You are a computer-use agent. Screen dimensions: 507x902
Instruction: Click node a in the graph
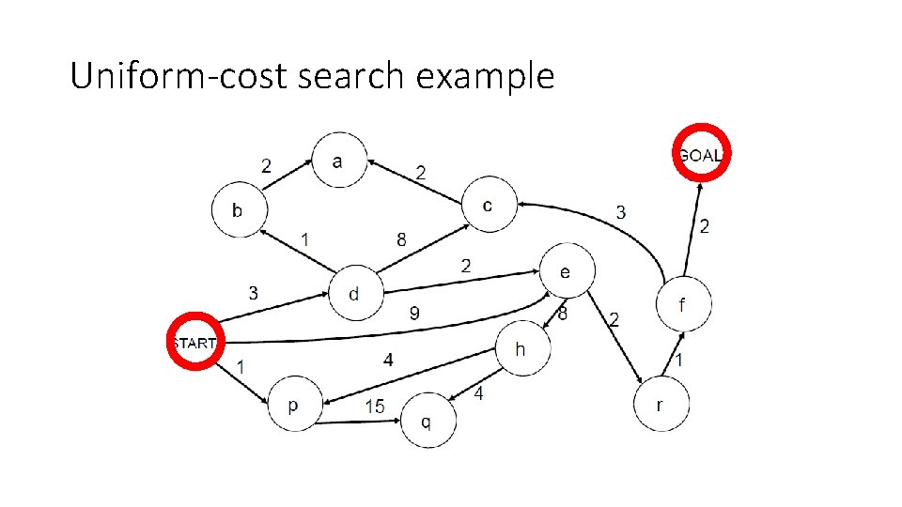pyautogui.click(x=338, y=161)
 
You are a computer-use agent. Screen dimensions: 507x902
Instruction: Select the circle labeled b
pyautogui.click(x=238, y=209)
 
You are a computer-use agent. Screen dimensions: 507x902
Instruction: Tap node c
pyautogui.click(x=488, y=206)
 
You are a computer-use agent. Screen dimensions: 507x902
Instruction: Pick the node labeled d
pyautogui.click(x=354, y=293)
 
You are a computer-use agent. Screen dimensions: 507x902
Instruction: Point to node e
pyautogui.click(x=566, y=271)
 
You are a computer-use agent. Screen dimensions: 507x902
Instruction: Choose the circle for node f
pyautogui.click(x=683, y=304)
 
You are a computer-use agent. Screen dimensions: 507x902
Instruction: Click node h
pyautogui.click(x=521, y=348)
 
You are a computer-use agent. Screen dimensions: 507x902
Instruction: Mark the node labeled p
pyautogui.click(x=294, y=406)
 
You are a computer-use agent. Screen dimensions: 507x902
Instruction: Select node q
pyautogui.click(x=427, y=421)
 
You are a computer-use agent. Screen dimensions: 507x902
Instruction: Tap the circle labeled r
pyautogui.click(x=661, y=405)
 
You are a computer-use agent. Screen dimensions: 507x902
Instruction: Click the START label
pyautogui.click(x=194, y=343)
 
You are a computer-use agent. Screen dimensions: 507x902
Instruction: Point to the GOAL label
pyautogui.click(x=701, y=155)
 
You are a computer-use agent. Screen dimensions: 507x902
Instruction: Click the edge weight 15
pyautogui.click(x=375, y=407)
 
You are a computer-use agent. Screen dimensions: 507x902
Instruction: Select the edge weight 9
pyautogui.click(x=414, y=314)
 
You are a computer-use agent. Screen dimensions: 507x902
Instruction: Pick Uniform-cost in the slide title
pyautogui.click(x=179, y=76)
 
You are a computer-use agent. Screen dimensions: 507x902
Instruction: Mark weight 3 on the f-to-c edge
pyautogui.click(x=620, y=212)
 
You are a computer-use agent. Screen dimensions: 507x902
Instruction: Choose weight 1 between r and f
pyautogui.click(x=679, y=361)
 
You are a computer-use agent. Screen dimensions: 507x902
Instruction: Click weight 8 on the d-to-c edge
pyautogui.click(x=402, y=239)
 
